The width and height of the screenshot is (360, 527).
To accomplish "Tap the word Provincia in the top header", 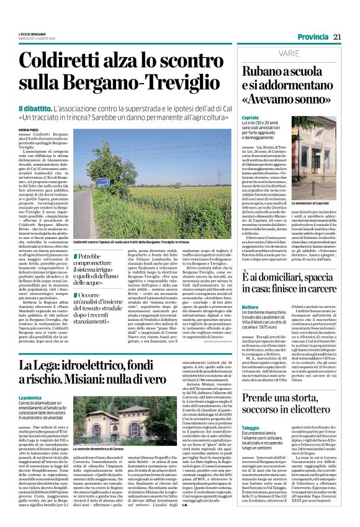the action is pyautogui.click(x=313, y=37).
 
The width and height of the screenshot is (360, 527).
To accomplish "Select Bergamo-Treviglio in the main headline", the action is pyautogui.click(x=136, y=86).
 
